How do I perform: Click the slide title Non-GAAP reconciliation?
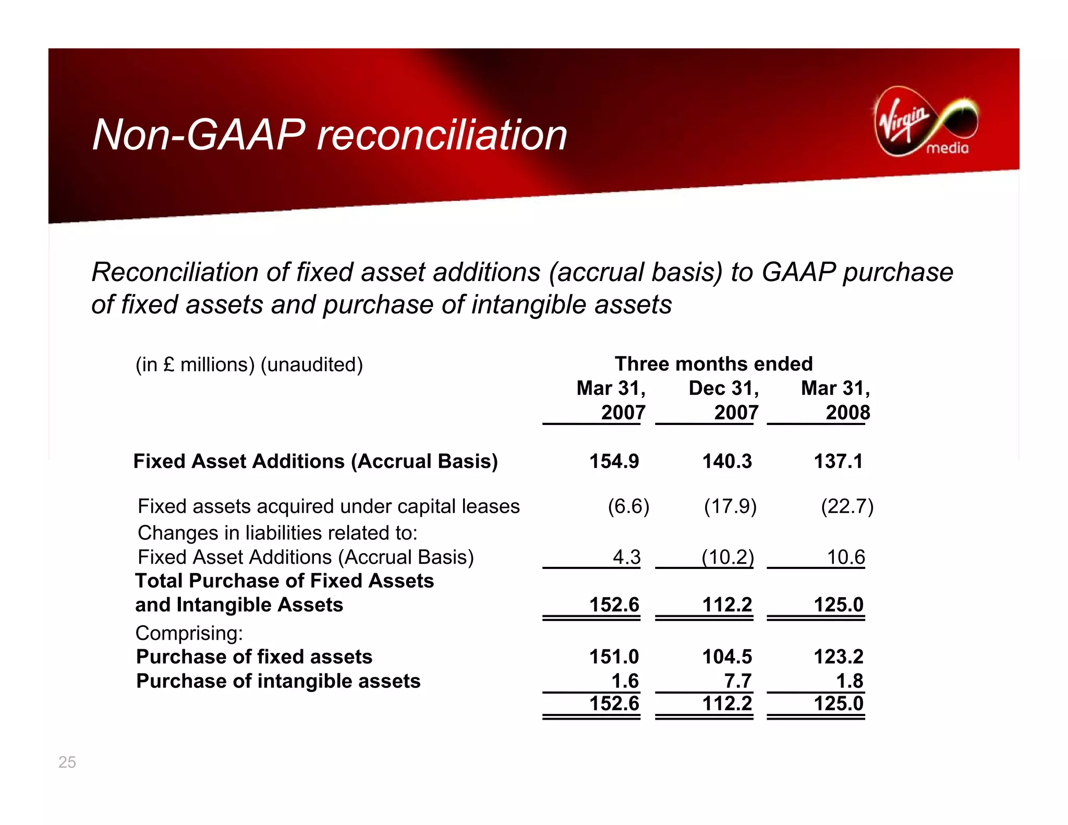[x=329, y=135]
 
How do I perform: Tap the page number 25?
[x=67, y=762]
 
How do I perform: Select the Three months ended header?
[x=713, y=363]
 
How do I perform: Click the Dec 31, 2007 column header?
[x=724, y=400]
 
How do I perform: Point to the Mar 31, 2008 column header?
[x=835, y=400]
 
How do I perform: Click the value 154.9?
[x=614, y=461]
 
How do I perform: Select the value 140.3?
[x=727, y=461]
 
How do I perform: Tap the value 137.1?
[x=838, y=461]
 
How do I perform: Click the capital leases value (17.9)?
[x=730, y=506]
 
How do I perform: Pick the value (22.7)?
[x=847, y=506]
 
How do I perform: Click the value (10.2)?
[x=727, y=557]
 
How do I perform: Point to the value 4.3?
[x=626, y=557]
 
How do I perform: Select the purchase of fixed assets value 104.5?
[x=727, y=657]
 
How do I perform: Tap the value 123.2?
[x=839, y=657]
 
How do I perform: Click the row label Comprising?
[x=189, y=633]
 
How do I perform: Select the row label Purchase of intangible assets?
[x=278, y=681]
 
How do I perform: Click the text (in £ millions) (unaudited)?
[x=249, y=365]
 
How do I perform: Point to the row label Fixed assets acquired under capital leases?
[x=329, y=506]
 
